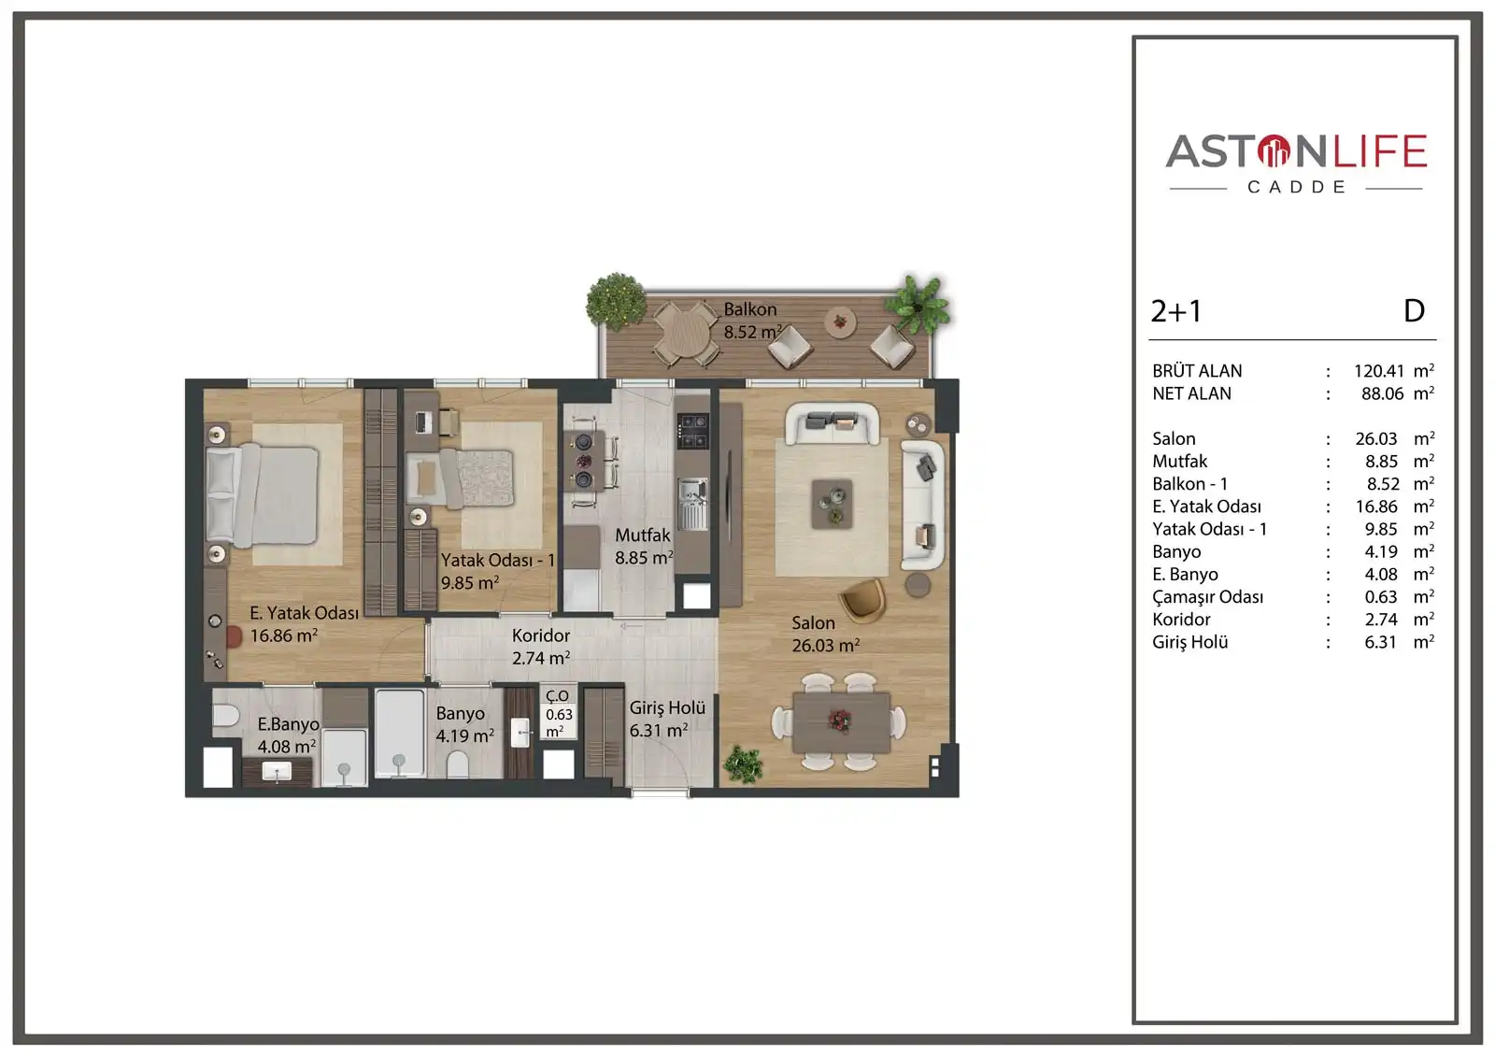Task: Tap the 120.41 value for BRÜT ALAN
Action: click(x=1378, y=371)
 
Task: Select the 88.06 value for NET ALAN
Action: click(x=1382, y=393)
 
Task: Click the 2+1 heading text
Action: click(x=1175, y=311)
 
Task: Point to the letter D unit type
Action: click(x=1414, y=311)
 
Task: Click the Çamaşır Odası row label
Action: click(x=1207, y=597)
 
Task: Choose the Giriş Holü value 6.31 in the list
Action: click(x=1380, y=642)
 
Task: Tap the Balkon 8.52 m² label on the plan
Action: click(x=751, y=321)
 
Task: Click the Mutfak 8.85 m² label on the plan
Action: click(x=643, y=547)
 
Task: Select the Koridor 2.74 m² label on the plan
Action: click(x=541, y=647)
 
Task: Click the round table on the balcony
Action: click(x=687, y=331)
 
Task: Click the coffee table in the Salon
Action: click(x=831, y=504)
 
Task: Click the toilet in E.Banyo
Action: click(x=224, y=717)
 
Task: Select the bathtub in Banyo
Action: click(x=399, y=734)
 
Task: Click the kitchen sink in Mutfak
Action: click(x=691, y=496)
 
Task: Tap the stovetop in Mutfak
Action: click(x=692, y=431)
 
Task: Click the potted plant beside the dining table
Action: click(x=744, y=764)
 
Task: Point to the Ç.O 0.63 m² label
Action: click(x=559, y=714)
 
